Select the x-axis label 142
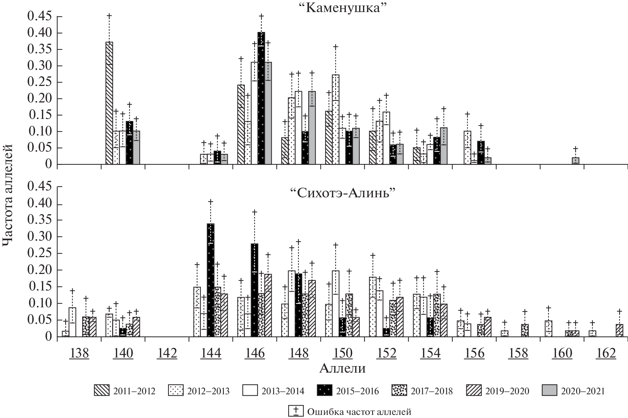(167, 353)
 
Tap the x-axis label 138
(79, 353)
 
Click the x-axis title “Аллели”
(342, 368)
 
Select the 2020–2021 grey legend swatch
(549, 391)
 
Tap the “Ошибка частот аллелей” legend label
(359, 411)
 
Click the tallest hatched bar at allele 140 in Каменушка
(109, 103)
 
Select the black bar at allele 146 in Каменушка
(261, 98)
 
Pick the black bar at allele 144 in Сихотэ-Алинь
(210, 280)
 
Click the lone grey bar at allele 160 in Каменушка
(575, 161)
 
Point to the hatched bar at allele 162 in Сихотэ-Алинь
(619, 330)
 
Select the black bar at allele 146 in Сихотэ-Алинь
(255, 290)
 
